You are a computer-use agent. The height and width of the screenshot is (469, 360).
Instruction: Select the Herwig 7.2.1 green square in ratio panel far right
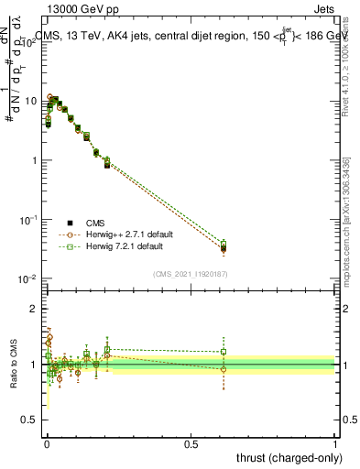224,352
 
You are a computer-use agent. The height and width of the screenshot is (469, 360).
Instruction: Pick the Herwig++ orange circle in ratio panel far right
224,369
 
